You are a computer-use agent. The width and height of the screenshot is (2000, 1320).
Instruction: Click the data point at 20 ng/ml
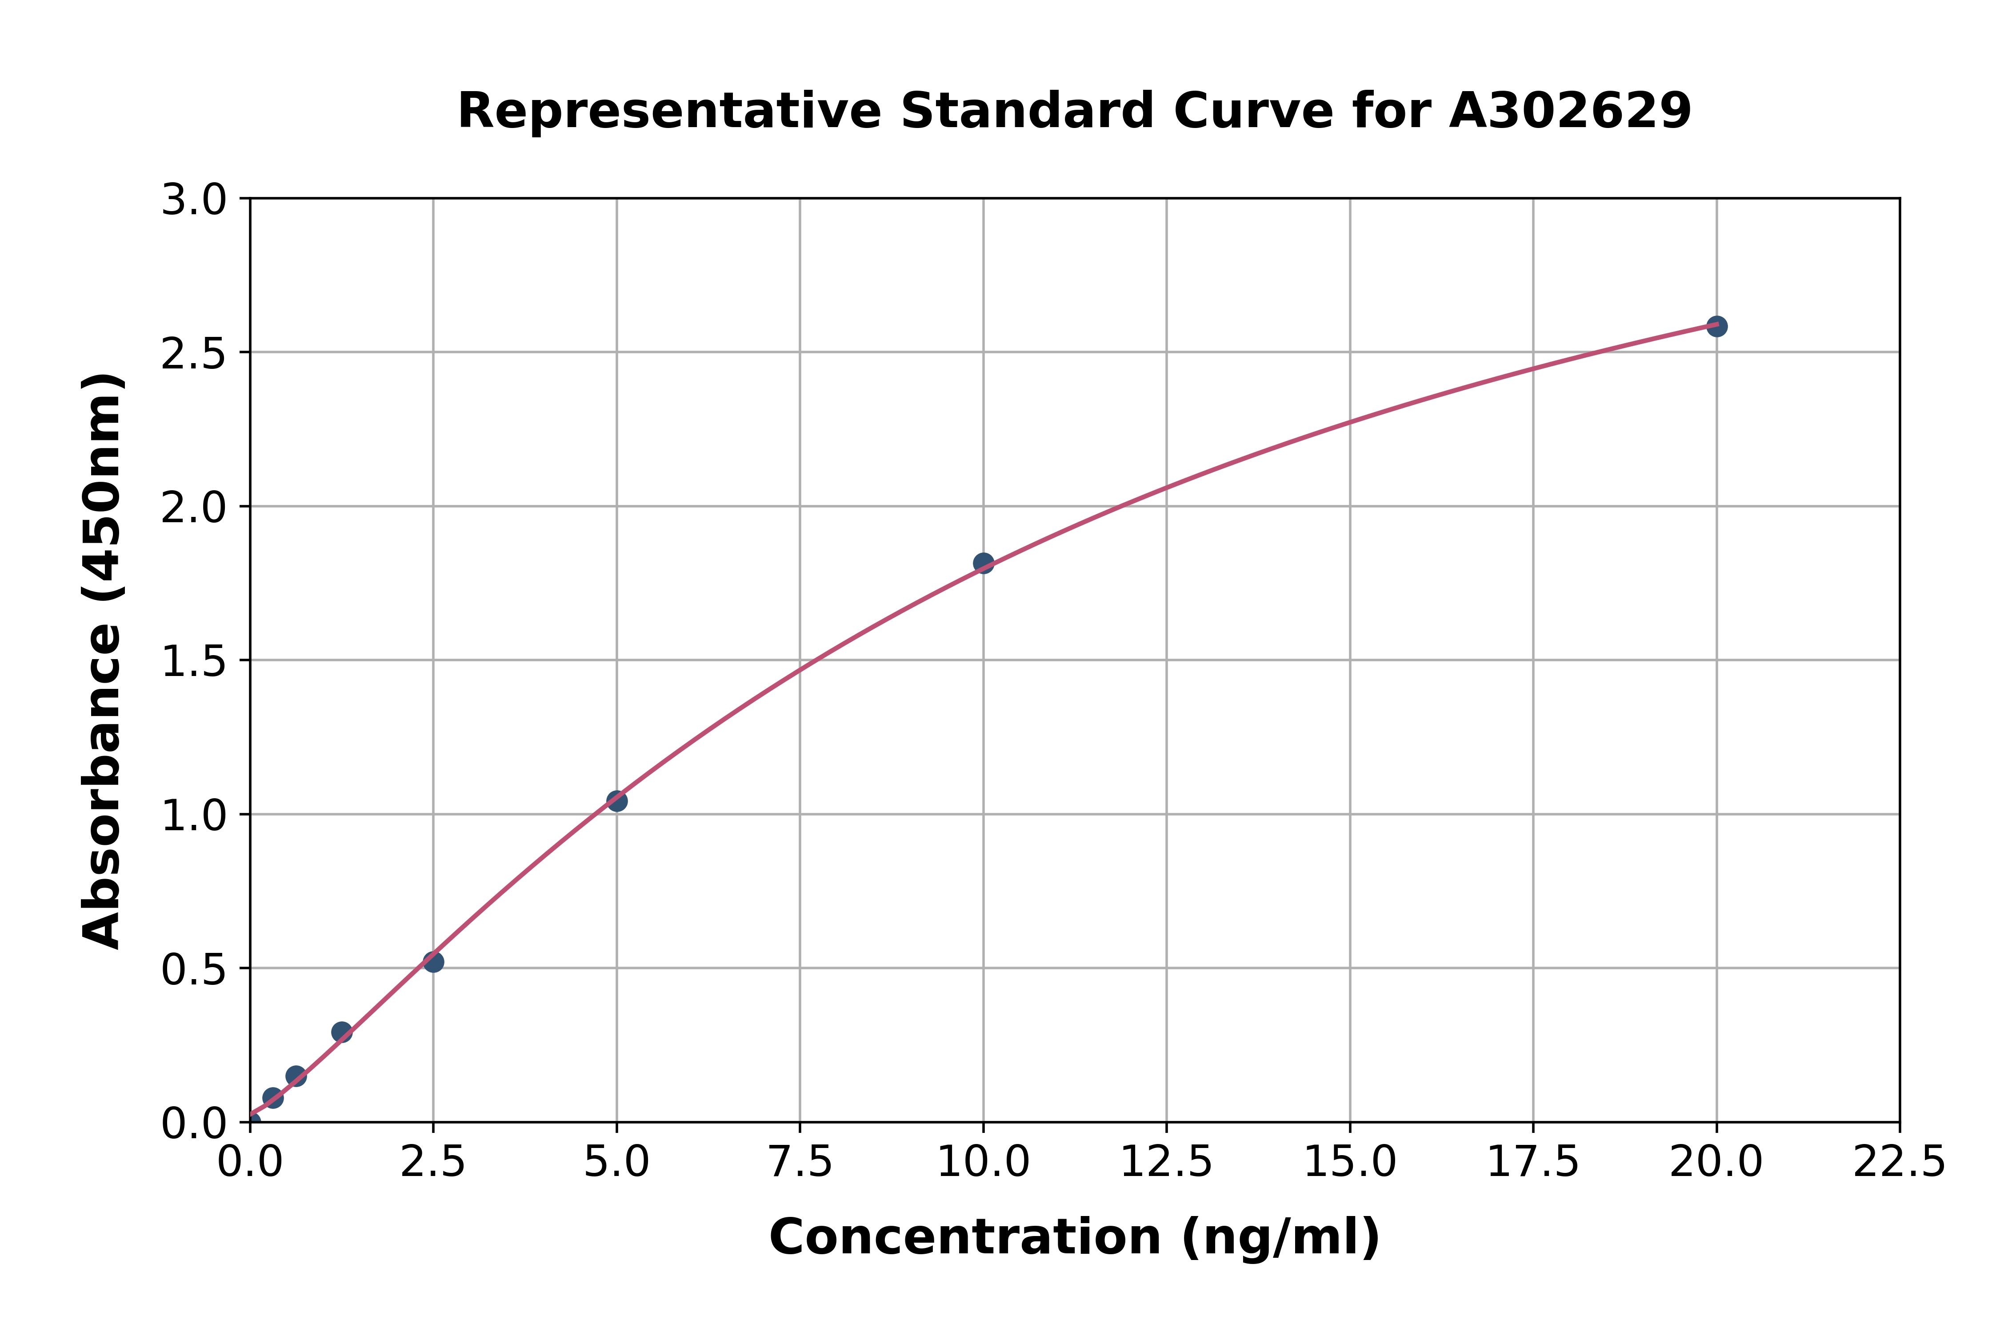[1716, 326]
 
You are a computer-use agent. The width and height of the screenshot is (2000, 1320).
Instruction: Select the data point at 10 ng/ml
[983, 563]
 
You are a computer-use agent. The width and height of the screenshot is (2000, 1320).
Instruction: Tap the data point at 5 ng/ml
[617, 800]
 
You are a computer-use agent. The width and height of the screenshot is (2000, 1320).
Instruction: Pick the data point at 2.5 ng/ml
[433, 961]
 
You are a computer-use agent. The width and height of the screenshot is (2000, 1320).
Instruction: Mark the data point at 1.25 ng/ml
[342, 1032]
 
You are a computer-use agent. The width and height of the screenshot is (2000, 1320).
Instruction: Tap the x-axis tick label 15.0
[1349, 1163]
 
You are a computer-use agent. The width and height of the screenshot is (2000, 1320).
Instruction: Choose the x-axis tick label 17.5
[1533, 1163]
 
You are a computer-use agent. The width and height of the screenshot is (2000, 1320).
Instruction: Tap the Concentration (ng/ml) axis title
[1074, 1237]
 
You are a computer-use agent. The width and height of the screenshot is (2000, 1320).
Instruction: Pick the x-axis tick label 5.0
[617, 1163]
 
